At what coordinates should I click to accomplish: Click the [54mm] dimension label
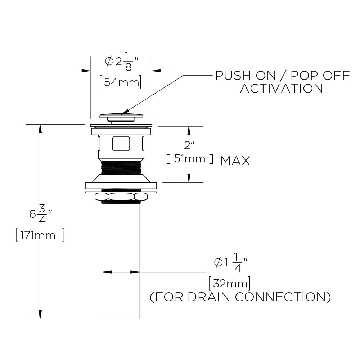coord(120,82)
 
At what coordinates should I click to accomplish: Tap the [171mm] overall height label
coord(40,235)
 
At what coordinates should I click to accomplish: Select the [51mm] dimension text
coord(190,159)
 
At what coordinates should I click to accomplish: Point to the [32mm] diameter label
coord(229,284)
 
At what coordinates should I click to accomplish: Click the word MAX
coord(235,161)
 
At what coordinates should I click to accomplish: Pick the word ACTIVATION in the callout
coord(282,89)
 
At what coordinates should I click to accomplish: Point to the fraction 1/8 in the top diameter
coord(129,62)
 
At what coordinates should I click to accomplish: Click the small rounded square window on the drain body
coord(121,143)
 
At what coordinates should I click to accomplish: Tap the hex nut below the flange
coord(121,197)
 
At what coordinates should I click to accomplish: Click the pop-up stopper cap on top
coord(121,116)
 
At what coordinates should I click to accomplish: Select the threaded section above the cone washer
coord(121,168)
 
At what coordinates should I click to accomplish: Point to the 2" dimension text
coord(189,146)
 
